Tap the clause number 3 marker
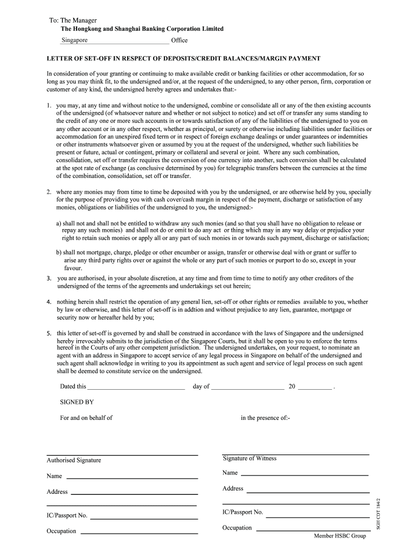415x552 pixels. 49,278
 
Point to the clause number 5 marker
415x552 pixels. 49,333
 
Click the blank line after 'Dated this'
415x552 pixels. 136,388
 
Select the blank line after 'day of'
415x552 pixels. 247,388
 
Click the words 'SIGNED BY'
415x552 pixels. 77,402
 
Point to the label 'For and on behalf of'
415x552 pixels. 86,418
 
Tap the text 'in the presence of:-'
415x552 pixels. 265,418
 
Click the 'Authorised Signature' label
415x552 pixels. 74,460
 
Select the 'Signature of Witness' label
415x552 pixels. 249,458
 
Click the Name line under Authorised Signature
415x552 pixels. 132,477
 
